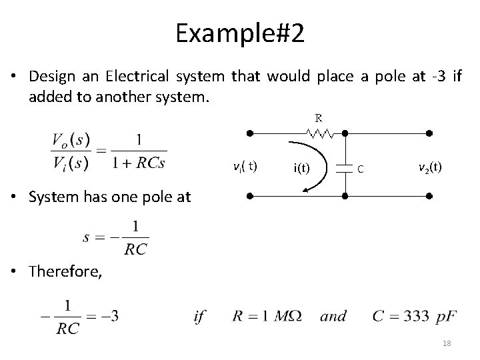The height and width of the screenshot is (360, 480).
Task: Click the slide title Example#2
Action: [240, 33]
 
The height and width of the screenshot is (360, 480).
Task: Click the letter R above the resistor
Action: [319, 118]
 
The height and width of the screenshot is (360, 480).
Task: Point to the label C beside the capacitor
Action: [361, 169]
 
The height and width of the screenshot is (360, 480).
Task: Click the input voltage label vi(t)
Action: [246, 166]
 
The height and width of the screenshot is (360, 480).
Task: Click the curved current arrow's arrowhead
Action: [305, 190]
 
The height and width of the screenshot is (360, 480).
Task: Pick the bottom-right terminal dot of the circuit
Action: [430, 197]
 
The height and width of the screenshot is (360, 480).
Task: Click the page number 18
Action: [446, 343]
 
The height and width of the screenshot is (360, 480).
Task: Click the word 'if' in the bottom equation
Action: [199, 316]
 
